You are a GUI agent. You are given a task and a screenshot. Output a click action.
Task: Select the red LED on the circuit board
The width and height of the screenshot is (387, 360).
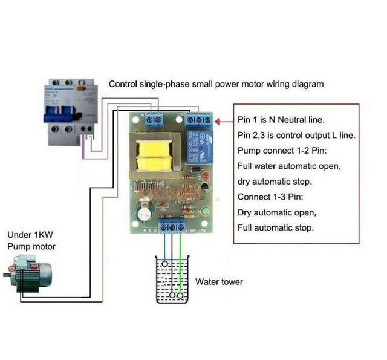pos(204,175)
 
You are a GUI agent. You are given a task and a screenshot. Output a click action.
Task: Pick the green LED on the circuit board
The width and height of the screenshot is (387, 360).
pos(204,211)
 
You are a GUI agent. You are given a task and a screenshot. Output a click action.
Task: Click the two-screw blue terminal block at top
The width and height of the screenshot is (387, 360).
pos(154,120)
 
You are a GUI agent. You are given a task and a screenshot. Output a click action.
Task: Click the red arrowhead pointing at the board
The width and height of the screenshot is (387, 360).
pos(219,121)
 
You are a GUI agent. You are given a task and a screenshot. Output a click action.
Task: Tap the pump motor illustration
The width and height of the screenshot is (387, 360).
pos(28,273)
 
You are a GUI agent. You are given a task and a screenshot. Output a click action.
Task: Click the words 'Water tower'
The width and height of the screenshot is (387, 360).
pos(219,282)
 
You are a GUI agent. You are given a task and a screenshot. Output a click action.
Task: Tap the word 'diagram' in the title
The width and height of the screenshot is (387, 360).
pos(308,84)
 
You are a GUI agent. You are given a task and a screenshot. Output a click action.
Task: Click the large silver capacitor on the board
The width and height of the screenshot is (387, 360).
pos(146,212)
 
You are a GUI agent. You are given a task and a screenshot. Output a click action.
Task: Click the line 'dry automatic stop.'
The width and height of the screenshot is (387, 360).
pos(275,181)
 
